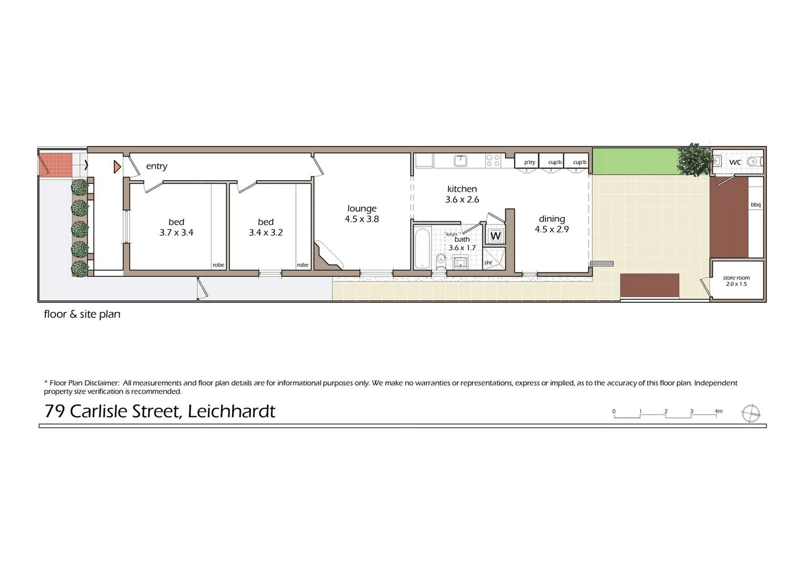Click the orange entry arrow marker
click(x=117, y=167)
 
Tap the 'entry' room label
click(x=157, y=166)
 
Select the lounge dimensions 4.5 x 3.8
click(x=362, y=219)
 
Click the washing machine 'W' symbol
click(x=495, y=236)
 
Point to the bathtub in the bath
click(x=423, y=248)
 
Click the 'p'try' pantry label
click(x=530, y=162)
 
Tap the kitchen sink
click(x=460, y=160)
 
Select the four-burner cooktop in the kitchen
click(x=493, y=160)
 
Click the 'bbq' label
click(x=755, y=204)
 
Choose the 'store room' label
click(x=736, y=278)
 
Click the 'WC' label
click(x=735, y=162)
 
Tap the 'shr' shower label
click(x=488, y=262)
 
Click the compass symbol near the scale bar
click(x=751, y=414)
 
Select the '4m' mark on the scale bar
click(x=718, y=411)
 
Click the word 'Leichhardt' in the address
click(x=232, y=411)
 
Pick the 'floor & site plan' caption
click(x=82, y=314)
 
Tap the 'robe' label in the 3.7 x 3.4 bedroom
click(x=218, y=265)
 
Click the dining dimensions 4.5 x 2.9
click(x=552, y=229)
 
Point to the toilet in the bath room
click(x=440, y=260)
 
